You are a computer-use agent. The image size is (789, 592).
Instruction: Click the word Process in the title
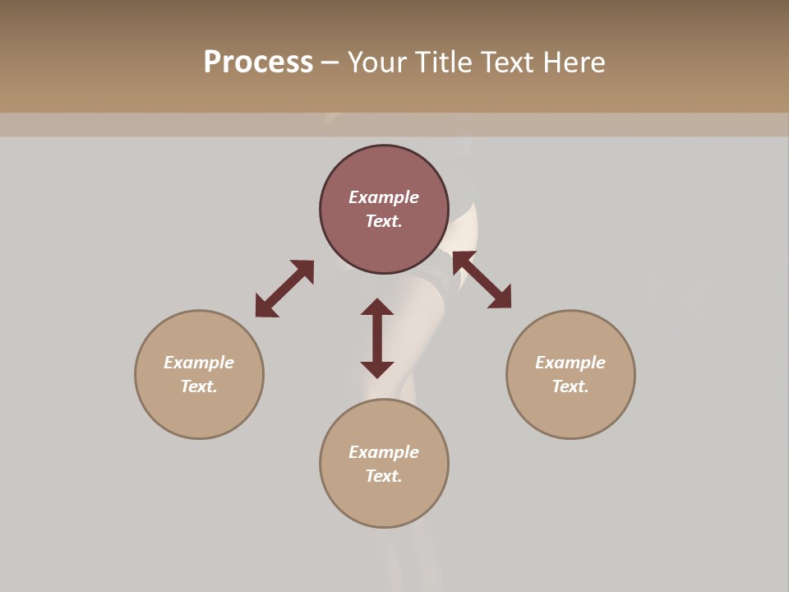click(x=258, y=62)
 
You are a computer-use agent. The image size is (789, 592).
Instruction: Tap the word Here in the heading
click(x=572, y=62)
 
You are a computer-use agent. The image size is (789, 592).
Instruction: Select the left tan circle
click(x=199, y=411)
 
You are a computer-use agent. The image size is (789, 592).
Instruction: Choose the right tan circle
click(x=570, y=411)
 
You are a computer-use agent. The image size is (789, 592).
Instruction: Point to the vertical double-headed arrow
click(x=377, y=338)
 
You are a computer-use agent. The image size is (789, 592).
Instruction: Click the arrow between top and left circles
click(x=284, y=289)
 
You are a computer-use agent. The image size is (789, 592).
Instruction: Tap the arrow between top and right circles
click(x=482, y=280)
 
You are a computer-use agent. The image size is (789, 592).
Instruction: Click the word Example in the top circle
click(x=384, y=197)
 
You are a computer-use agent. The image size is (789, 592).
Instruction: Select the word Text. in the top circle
click(x=384, y=221)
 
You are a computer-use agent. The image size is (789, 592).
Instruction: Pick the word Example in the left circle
click(x=199, y=363)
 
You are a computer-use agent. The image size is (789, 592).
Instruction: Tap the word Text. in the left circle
click(x=199, y=386)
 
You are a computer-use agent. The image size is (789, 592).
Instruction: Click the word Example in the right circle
click(x=570, y=363)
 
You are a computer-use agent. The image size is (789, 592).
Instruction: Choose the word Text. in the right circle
click(x=570, y=386)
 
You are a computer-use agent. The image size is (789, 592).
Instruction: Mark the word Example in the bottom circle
click(x=384, y=452)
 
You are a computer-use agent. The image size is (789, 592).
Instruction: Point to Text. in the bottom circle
click(x=384, y=476)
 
